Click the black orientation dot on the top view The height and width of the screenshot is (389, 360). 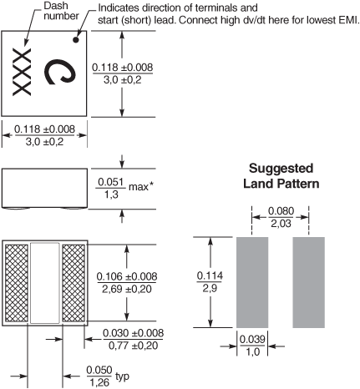tap(76, 39)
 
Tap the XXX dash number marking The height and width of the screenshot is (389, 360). tap(22, 72)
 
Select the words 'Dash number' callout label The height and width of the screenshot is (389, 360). tap(61, 11)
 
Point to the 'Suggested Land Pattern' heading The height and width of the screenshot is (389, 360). tap(281, 176)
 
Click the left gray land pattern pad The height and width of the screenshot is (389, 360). tap(252, 282)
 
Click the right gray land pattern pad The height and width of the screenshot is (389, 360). tap(309, 282)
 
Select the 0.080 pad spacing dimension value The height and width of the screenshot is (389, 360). tap(281, 211)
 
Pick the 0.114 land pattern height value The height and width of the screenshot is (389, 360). tap(210, 275)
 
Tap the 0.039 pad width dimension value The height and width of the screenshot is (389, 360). tap(252, 339)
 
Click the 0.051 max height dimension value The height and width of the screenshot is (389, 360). tap(110, 182)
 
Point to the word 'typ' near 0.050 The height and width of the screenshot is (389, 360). tap(123, 376)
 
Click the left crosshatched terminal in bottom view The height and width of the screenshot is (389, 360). tap(17, 283)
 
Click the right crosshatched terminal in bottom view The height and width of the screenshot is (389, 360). tap(74, 283)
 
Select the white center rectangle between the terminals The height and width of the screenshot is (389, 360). tap(45, 283)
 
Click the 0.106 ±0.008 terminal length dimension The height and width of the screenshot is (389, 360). tap(127, 276)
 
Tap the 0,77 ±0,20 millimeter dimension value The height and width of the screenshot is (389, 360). tap(134, 346)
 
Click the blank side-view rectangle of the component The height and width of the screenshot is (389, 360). tap(44, 188)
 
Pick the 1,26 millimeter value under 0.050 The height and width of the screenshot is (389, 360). tap(99, 383)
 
